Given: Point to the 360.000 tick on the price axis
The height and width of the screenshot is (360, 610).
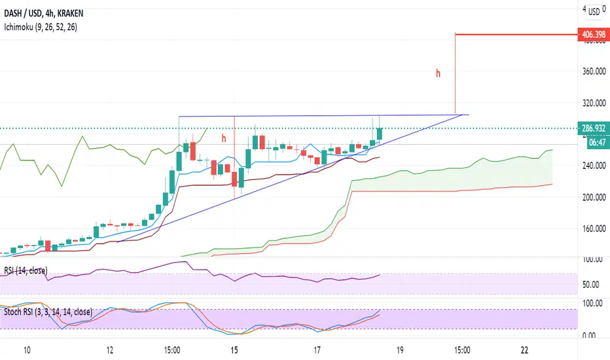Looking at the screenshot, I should pos(594,71).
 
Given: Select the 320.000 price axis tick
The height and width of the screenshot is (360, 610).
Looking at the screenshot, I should pos(594,103).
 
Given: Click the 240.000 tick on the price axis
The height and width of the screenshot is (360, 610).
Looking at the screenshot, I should pos(594,166).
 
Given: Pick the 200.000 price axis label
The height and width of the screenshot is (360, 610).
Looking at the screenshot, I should pos(594,197).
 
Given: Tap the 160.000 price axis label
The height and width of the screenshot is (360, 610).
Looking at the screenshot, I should pos(594,228).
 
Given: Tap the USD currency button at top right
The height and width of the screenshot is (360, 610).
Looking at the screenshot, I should pos(594,11).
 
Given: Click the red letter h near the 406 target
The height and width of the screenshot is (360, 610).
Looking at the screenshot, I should pos(439,74).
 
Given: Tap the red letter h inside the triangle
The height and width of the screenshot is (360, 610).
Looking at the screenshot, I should pos(223,138).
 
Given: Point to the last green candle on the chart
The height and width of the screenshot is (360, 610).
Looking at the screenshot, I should pos(380,134).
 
